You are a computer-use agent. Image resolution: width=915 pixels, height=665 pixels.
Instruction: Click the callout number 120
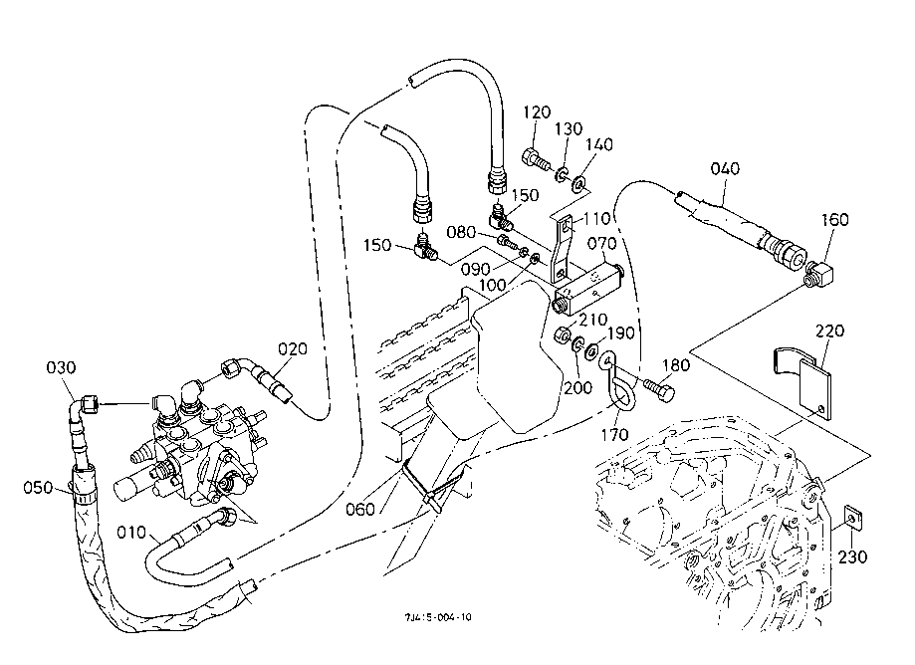click(536, 111)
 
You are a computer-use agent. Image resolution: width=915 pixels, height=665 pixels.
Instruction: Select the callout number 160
click(835, 219)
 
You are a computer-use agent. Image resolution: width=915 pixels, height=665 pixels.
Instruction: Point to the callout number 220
click(828, 331)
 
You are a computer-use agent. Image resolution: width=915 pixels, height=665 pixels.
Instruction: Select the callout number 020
click(293, 348)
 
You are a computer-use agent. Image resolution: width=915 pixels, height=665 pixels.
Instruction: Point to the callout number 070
click(601, 243)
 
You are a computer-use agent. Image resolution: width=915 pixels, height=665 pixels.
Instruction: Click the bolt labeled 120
click(535, 158)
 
